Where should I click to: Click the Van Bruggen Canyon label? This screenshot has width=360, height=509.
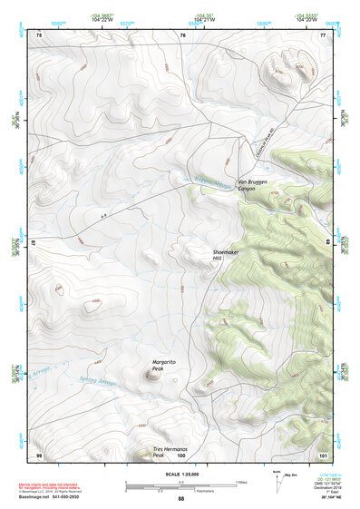click(x=254, y=187)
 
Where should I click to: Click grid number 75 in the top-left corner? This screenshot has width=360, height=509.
click(x=39, y=34)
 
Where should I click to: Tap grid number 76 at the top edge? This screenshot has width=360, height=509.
click(x=182, y=34)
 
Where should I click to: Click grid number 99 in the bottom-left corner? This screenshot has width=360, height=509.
click(x=39, y=454)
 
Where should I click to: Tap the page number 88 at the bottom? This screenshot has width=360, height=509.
click(x=180, y=499)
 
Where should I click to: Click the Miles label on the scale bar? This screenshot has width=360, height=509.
click(x=240, y=482)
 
